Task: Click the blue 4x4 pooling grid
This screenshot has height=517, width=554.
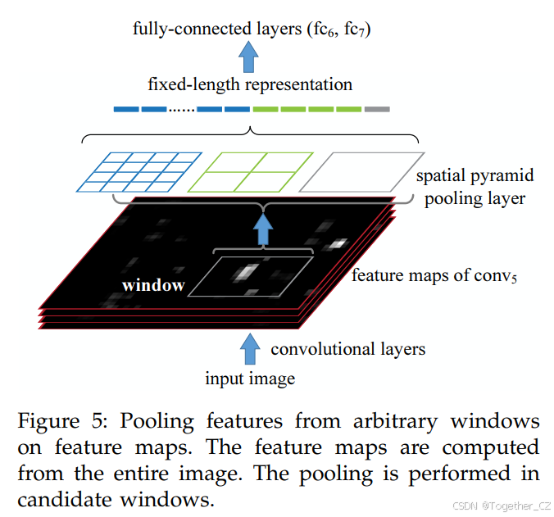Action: [x=139, y=172]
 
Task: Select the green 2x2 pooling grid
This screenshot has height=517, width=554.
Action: [x=251, y=172]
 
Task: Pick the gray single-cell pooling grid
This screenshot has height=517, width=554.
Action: [x=361, y=172]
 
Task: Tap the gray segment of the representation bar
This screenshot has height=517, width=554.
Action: [x=377, y=109]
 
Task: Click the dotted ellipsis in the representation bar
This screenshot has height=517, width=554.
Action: [x=181, y=110]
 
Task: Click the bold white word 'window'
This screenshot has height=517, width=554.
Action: [x=153, y=285]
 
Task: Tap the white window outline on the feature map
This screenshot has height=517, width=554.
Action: [x=259, y=276]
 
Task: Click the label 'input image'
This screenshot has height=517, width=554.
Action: [x=250, y=379]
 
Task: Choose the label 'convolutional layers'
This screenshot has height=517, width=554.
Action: [x=347, y=350]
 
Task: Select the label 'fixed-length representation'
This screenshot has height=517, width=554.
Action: [x=250, y=84]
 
